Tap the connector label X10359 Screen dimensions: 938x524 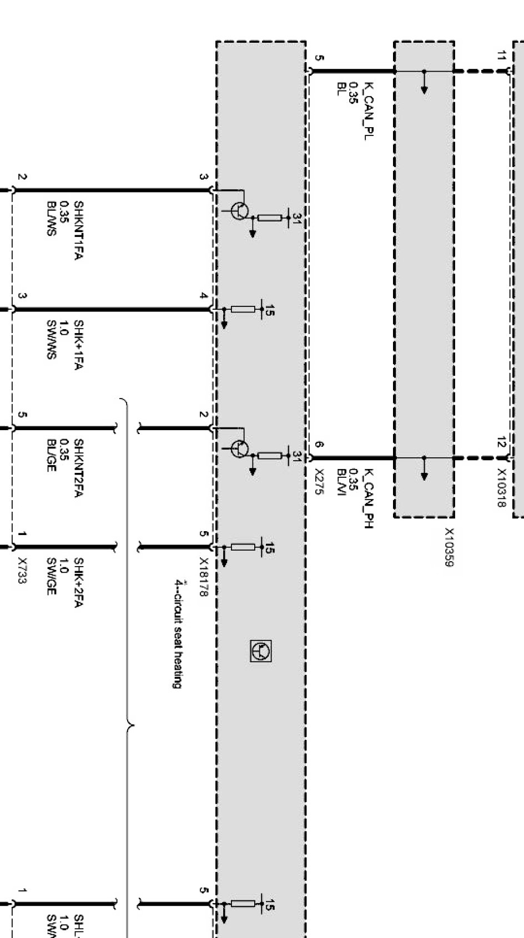tap(449, 547)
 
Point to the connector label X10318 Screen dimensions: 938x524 tap(501, 488)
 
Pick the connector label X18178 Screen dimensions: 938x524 tap(203, 577)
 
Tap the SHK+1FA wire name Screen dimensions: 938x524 tap(78, 345)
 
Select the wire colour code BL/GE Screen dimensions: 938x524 tap(51, 455)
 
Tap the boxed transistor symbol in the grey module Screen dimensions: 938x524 tap(261, 651)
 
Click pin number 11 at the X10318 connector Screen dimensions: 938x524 tap(501, 56)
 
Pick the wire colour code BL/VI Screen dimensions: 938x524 tap(341, 483)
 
